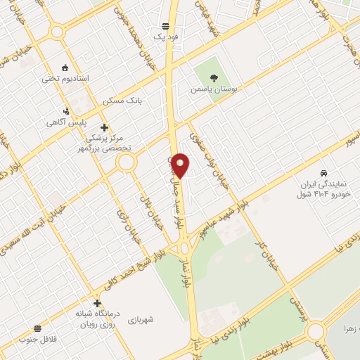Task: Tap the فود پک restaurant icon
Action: (x=165, y=25)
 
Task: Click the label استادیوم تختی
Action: (x=65, y=78)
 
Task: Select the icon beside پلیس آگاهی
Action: (x=66, y=110)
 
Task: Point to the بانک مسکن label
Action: (x=122, y=101)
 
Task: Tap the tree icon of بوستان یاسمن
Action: (x=214, y=78)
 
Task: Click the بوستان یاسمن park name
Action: (x=214, y=90)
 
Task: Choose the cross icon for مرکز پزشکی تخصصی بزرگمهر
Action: (x=104, y=127)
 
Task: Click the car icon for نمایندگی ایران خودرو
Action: (x=323, y=173)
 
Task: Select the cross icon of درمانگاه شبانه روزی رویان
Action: (x=97, y=303)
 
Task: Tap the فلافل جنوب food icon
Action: (x=37, y=328)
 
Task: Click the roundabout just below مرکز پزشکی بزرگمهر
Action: (x=127, y=163)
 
